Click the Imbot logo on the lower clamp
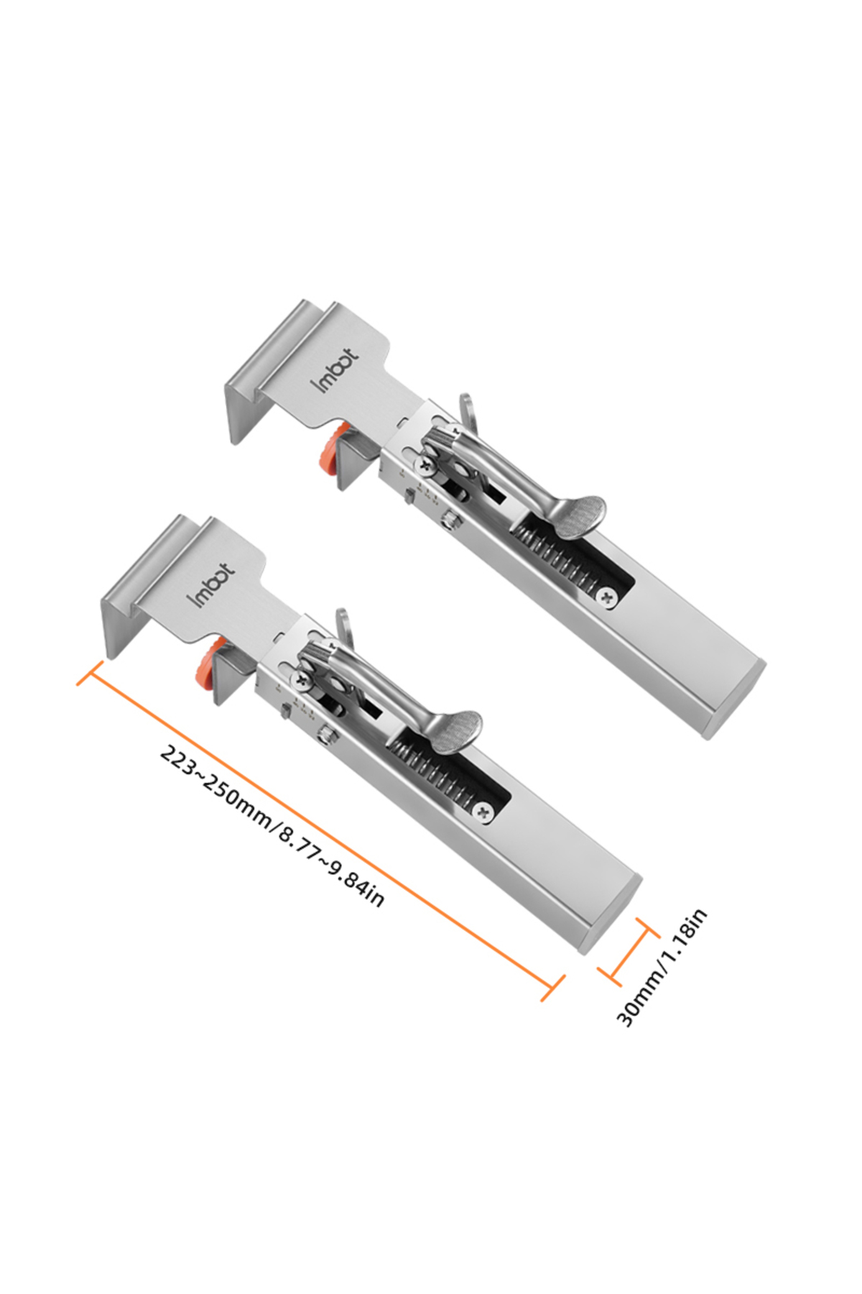click(210, 584)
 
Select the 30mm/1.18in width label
click(662, 966)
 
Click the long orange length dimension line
click(321, 832)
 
